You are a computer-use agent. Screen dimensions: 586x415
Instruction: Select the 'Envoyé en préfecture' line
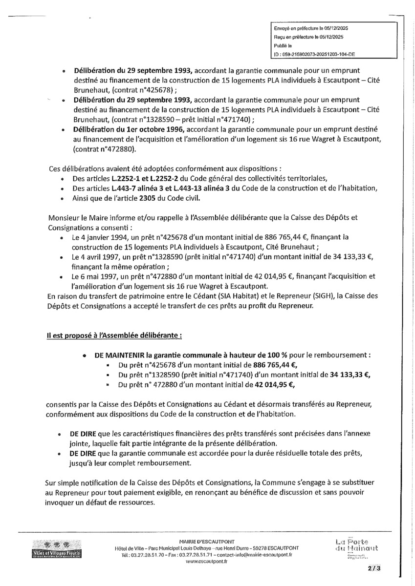tap(305, 29)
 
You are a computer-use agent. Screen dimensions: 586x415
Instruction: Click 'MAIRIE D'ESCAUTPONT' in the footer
tap(207, 542)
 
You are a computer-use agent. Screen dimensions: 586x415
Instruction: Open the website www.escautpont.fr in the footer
tap(207, 562)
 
